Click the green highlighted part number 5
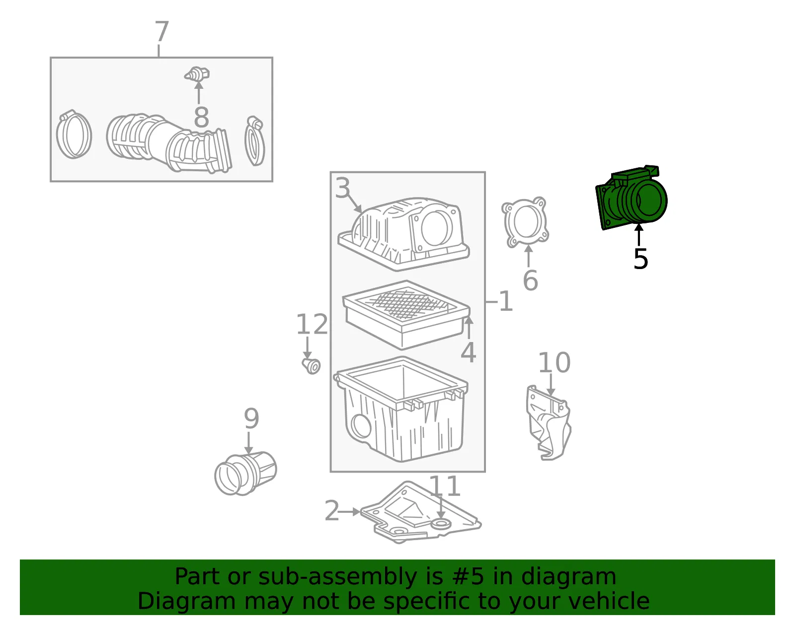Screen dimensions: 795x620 coord(631,198)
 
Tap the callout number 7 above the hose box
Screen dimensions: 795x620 coord(161,31)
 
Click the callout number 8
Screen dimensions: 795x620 coord(201,117)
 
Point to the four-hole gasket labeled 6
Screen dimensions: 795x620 coord(525,222)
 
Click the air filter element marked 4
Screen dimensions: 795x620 coord(406,314)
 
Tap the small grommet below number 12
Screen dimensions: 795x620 coord(312,366)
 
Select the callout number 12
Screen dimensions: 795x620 coord(312,324)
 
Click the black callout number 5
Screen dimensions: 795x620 coord(640,259)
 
